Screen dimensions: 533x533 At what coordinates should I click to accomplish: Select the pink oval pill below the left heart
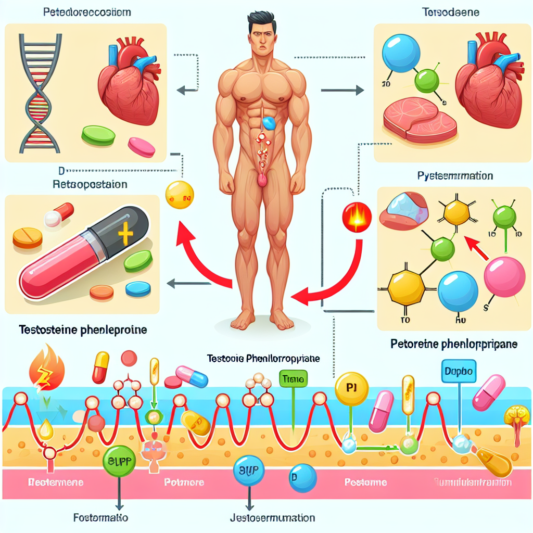(x=141, y=147)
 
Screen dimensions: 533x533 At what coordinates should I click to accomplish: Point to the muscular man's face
(x=260, y=39)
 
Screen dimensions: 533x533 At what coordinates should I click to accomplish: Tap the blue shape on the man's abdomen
(x=269, y=123)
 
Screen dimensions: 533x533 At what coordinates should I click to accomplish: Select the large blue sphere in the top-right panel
(x=400, y=54)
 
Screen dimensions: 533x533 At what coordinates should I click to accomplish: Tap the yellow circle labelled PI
(x=351, y=388)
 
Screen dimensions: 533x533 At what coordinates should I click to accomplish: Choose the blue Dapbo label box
(x=459, y=372)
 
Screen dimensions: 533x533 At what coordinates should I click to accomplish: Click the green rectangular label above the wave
(x=293, y=378)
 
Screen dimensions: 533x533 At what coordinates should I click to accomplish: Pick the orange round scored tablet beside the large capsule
(x=27, y=238)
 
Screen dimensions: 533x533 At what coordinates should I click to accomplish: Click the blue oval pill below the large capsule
(x=137, y=288)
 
